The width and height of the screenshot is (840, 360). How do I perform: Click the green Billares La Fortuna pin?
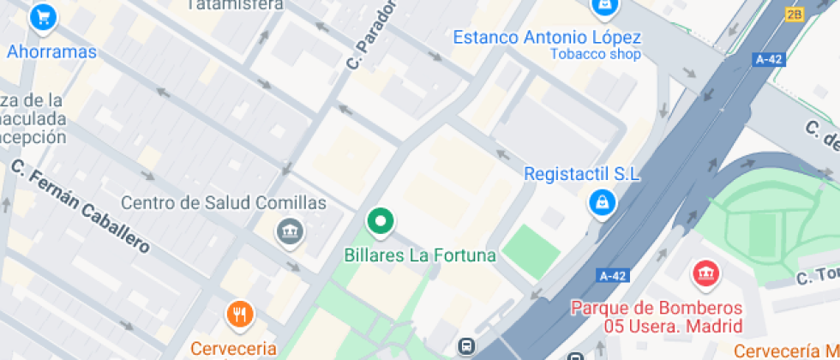point(380,222)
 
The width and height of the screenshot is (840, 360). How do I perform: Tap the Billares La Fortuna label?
point(420,255)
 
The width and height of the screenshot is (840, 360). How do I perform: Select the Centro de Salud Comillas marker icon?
point(290,231)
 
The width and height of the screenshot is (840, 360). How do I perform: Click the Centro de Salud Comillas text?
point(224,203)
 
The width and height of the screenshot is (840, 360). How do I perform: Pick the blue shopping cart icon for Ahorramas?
point(42,17)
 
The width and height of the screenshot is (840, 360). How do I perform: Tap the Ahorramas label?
point(51,52)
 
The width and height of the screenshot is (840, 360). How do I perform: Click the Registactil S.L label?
point(582,174)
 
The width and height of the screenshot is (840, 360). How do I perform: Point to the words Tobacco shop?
point(595,55)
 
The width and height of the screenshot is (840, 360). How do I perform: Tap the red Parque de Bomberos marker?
point(705,273)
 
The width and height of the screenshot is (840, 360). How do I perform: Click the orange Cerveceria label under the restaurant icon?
point(234,348)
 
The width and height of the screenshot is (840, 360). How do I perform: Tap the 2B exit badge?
point(795,14)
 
